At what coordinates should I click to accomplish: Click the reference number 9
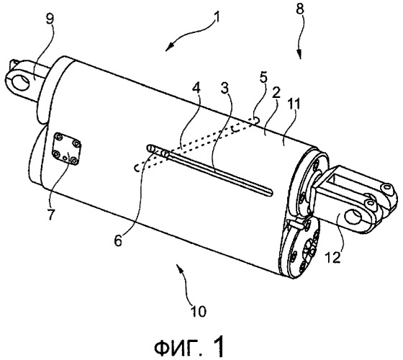[50, 19]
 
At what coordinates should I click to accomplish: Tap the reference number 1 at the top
[217, 18]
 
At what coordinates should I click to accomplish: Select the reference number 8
[299, 9]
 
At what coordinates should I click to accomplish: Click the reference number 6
[118, 241]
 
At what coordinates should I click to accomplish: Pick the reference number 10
[199, 311]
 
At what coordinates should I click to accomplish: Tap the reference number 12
[332, 257]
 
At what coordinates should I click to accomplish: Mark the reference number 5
[263, 78]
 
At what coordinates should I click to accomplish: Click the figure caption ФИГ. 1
[189, 348]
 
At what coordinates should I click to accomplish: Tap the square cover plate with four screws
[66, 149]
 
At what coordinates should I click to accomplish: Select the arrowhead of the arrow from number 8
[299, 55]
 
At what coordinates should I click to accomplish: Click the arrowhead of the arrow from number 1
[169, 48]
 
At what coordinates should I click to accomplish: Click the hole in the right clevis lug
[353, 217]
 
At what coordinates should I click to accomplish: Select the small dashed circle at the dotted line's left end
[137, 168]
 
